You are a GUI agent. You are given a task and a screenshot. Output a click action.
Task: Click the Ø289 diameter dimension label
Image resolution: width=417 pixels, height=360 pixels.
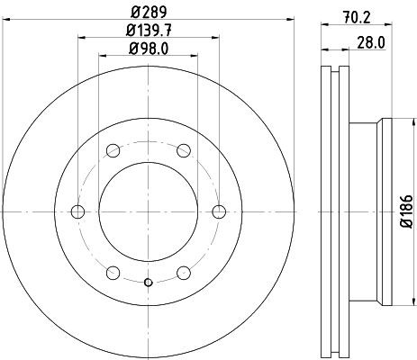pos(149,12)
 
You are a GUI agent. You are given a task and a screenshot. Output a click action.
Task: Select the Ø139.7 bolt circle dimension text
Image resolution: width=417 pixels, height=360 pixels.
pos(149,31)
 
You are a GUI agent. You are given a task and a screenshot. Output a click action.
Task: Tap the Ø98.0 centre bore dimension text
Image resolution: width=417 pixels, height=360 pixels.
pos(149,49)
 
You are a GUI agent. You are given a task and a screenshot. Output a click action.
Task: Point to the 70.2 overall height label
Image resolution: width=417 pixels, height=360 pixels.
pos(357,18)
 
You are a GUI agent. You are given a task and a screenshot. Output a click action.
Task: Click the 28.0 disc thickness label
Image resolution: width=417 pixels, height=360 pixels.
pos(371,43)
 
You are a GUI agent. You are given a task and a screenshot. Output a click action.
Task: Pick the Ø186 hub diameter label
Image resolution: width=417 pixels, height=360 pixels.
pos(407,211)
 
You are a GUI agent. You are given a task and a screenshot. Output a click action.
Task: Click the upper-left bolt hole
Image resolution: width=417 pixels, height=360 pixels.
pos(113,150)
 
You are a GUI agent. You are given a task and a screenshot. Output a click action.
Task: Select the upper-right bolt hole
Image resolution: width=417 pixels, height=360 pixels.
pos(184,150)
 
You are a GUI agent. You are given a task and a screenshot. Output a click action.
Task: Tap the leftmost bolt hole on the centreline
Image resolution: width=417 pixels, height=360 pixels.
pos(77,211)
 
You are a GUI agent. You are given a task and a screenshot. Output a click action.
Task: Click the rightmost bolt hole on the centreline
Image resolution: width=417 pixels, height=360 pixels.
pos(219,211)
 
